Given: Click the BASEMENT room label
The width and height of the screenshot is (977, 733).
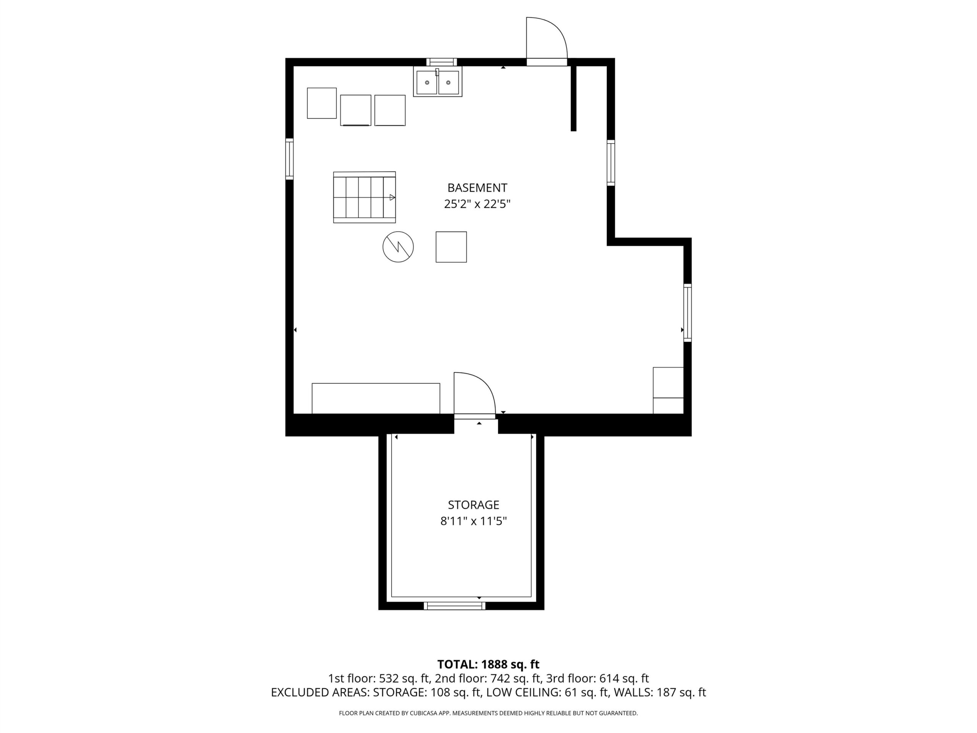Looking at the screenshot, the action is coord(477,188).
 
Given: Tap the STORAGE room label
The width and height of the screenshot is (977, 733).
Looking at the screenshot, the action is coord(474,505).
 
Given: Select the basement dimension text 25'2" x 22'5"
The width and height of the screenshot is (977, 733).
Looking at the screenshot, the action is coord(477,204).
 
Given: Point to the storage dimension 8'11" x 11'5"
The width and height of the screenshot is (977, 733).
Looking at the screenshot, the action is coord(474,521).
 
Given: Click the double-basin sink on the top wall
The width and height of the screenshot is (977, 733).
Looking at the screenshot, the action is coord(438,82).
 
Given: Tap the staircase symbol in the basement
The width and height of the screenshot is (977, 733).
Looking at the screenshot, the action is coord(364,197).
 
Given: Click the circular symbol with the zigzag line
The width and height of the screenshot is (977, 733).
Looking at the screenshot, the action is coord(398,247).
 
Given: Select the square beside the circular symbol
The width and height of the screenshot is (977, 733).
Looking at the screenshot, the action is coord(451,247).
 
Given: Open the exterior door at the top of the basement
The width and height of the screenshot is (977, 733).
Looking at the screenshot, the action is coord(547,42).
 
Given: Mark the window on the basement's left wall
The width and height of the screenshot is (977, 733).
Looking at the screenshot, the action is coord(289,159).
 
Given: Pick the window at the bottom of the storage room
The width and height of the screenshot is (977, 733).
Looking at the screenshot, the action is coord(455,606).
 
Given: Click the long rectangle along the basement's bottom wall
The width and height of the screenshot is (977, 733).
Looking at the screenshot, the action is coord(376,399).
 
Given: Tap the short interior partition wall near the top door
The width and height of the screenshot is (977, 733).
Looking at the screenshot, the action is coord(573,98).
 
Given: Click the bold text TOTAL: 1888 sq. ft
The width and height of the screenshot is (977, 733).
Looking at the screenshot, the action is coord(488,664).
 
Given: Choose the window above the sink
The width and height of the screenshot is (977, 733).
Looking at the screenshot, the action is coord(442,62).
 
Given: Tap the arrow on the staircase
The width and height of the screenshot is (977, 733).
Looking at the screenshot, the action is coord(392,197).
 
